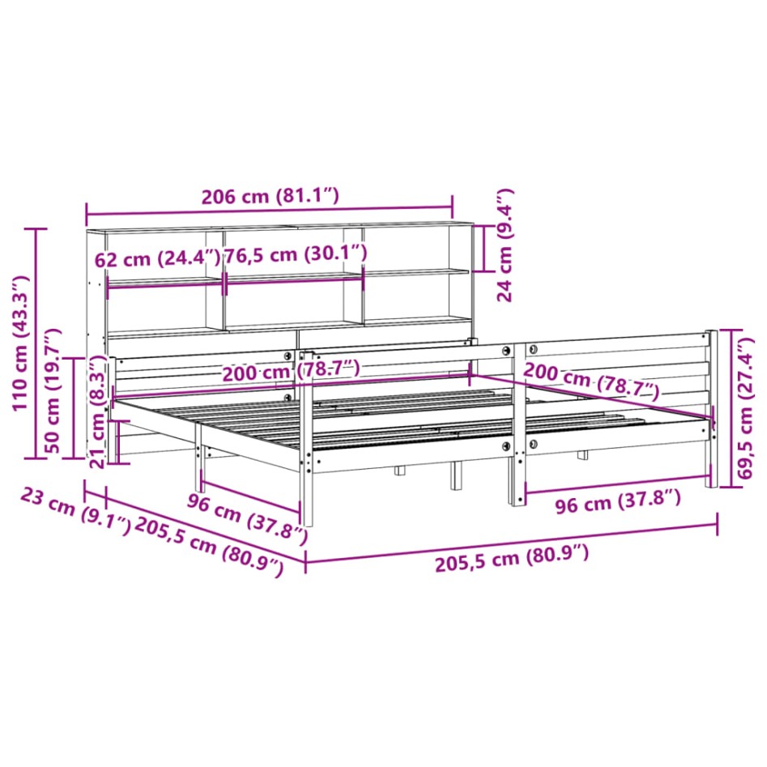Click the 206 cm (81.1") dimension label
269,197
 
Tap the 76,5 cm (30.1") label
296,254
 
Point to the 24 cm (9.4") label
505,245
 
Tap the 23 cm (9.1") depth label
74,510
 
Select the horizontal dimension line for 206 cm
269,214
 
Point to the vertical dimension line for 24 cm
484,248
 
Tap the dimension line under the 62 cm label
164,282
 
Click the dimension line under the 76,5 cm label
294,279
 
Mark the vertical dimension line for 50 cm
74,407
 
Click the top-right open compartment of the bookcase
415,249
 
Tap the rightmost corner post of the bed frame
712,409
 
